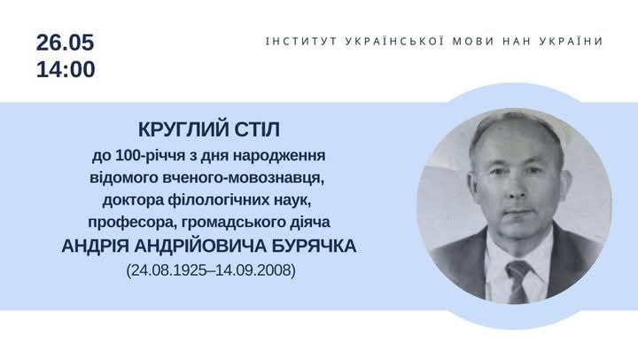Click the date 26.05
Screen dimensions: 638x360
tap(65, 43)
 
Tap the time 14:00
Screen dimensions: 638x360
tap(66, 69)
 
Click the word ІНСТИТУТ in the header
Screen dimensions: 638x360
tap(301, 41)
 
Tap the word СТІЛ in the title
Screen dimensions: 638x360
tap(257, 129)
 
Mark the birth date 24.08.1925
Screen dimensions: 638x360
tap(168, 270)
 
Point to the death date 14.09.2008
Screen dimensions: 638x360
tap(253, 270)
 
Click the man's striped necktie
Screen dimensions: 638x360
tap(517, 281)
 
